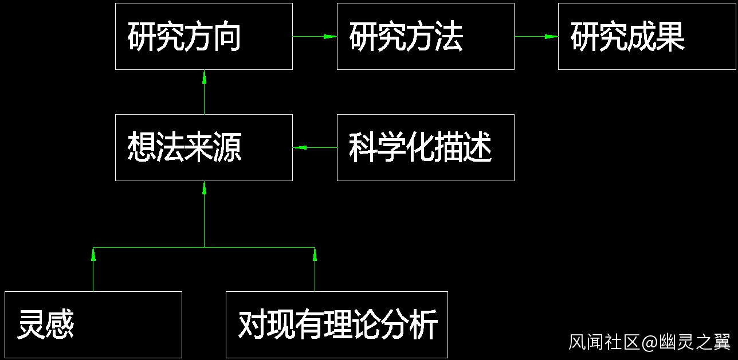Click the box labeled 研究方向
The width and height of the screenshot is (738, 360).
click(203, 36)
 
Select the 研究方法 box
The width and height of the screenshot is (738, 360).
click(425, 36)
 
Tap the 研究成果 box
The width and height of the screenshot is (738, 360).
click(647, 36)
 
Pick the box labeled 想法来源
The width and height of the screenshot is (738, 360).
click(203, 147)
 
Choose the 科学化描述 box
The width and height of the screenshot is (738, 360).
click(425, 147)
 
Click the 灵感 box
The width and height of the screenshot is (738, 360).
click(93, 324)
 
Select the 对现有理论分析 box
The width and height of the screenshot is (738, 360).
click(336, 324)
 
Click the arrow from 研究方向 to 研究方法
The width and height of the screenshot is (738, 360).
click(315, 36)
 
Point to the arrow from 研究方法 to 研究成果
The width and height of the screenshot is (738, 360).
click(536, 36)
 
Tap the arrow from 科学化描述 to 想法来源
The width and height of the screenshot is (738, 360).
click(315, 147)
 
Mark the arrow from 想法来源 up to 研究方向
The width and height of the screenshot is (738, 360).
click(204, 92)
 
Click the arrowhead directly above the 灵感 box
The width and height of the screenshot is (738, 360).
click(93, 255)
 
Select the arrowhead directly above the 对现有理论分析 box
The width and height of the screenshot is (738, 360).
click(315, 255)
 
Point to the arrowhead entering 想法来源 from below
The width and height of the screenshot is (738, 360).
click(204, 188)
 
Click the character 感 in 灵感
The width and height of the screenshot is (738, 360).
click(60, 325)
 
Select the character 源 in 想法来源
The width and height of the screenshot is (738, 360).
click(227, 148)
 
